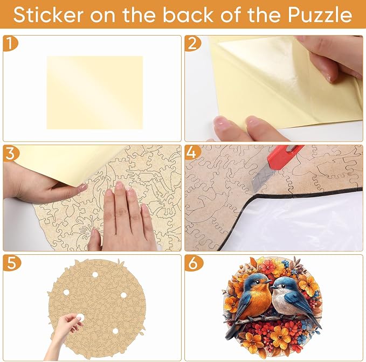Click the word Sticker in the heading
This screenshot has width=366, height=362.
coord(49,15)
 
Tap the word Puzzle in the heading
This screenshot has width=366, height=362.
coord(320,15)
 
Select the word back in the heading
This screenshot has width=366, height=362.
coord(188,15)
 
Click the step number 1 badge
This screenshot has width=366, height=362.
coord(10,44)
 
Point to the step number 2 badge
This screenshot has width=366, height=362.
coord(192,44)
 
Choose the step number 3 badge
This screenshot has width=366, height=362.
coord(10,153)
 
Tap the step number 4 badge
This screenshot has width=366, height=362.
coord(192,153)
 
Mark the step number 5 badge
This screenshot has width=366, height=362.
coord(11,263)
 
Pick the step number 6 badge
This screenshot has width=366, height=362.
coord(194,263)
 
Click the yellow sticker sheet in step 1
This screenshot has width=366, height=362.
coord(95,92)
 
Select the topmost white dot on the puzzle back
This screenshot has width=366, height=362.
coord(95,275)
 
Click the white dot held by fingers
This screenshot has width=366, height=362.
coord(80,317)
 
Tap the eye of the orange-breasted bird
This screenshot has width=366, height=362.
coord(257,282)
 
